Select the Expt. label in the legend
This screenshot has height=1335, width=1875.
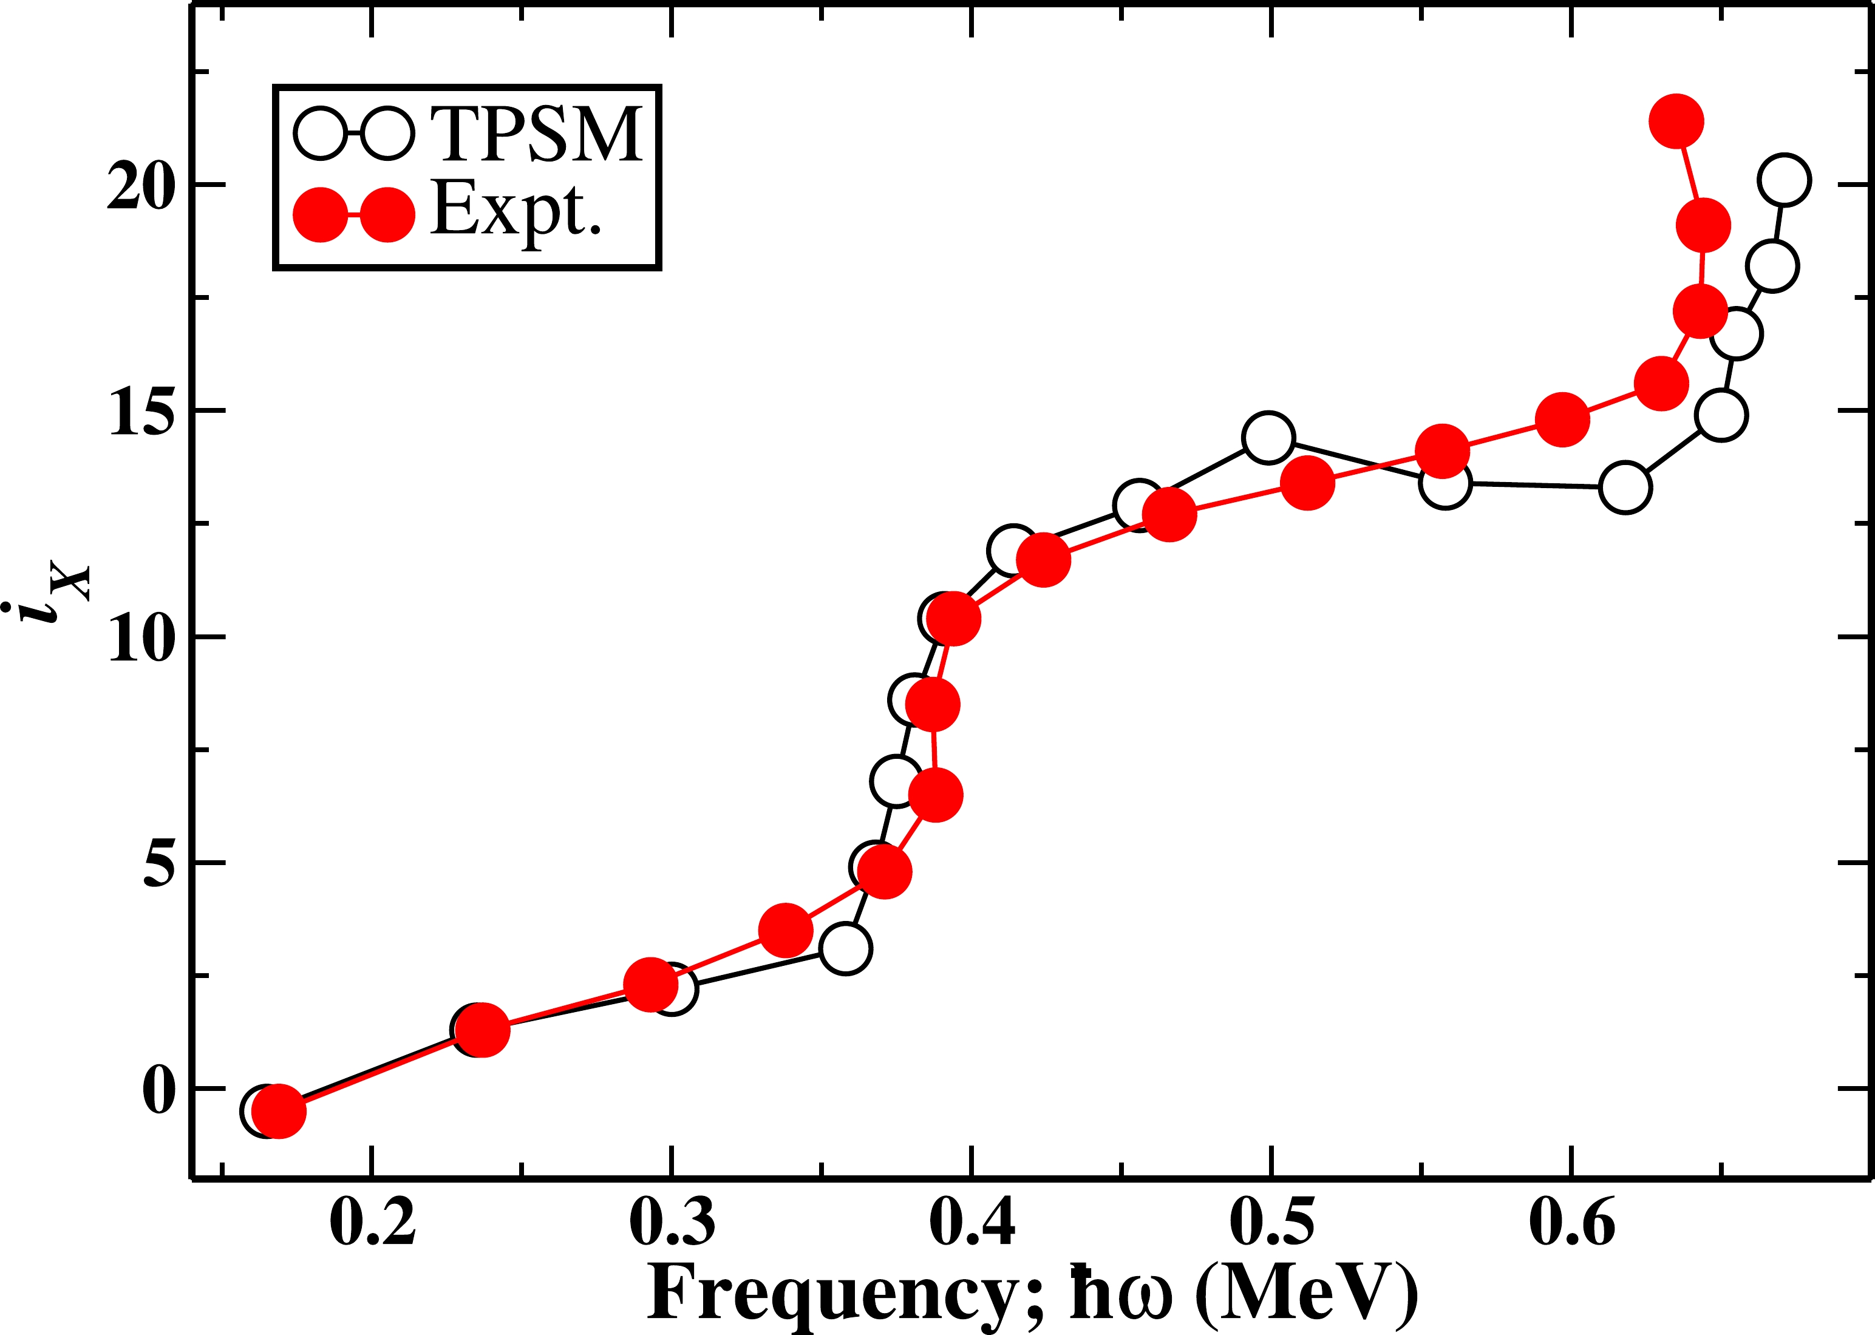click(516, 211)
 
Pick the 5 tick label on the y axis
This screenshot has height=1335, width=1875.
click(160, 863)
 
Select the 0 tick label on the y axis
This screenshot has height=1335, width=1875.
click(160, 1090)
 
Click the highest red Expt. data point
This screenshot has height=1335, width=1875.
click(1676, 121)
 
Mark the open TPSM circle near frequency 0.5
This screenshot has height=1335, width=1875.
click(1268, 437)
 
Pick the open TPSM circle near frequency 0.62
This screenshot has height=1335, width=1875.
click(1625, 487)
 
